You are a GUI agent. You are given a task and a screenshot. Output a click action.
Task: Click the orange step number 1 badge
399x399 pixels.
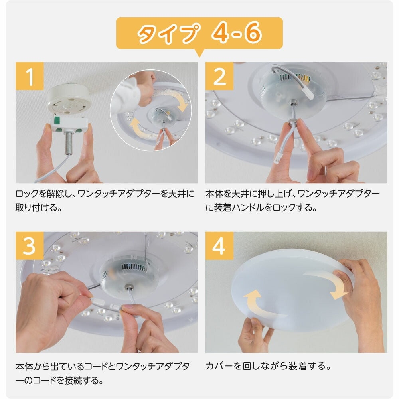pyautogui.click(x=30, y=77)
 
